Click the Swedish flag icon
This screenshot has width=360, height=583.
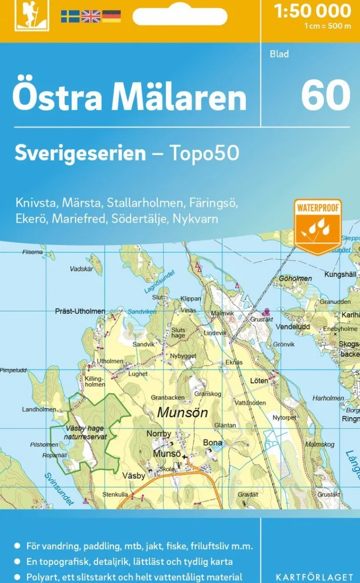tap(70, 17)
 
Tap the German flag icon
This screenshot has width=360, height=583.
tap(112, 17)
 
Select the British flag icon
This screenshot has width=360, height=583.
tap(90, 17)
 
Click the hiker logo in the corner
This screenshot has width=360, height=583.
tap(25, 16)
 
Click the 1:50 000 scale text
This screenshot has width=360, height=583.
tap(313, 11)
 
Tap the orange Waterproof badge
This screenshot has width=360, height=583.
tap(317, 226)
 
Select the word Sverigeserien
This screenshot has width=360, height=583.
tap(80, 153)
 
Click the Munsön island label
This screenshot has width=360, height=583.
tap(182, 412)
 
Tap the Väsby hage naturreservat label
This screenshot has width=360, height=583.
tap(86, 432)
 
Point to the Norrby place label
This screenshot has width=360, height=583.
tap(159, 434)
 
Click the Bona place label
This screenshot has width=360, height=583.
tap(212, 443)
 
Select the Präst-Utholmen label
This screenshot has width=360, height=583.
tap(80, 311)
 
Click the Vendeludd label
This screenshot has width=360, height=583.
tap(293, 326)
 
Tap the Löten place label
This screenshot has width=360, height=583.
tap(259, 381)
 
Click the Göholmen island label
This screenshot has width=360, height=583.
tap(295, 278)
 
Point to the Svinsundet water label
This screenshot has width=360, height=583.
tap(59, 489)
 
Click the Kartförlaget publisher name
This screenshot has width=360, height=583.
tap(315, 577)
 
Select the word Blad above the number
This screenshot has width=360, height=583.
tap(279, 54)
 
